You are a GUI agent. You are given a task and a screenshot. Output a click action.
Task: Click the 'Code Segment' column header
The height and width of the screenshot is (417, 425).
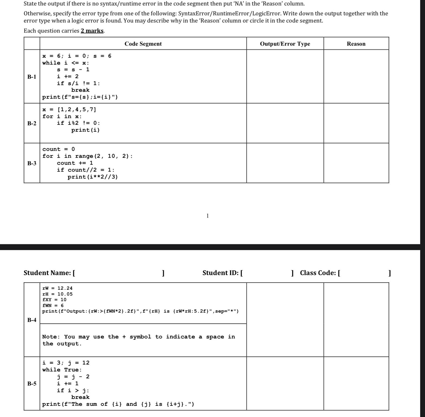click(x=143, y=44)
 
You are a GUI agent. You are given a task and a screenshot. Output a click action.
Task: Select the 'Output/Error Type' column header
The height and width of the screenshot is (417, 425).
click(x=285, y=44)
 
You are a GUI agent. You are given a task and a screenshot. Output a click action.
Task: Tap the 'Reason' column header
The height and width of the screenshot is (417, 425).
click(x=356, y=44)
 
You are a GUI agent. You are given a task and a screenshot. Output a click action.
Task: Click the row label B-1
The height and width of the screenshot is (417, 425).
click(x=32, y=77)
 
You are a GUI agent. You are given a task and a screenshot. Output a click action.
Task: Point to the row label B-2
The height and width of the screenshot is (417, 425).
click(x=32, y=123)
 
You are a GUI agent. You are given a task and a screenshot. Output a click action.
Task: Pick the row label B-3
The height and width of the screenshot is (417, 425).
click(x=32, y=163)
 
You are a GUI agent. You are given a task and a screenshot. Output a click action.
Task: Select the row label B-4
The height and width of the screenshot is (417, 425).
click(x=32, y=320)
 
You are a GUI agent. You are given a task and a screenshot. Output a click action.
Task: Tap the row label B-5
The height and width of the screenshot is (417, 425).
click(x=32, y=383)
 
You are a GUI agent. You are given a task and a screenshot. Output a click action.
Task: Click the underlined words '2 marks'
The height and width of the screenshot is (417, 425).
click(x=92, y=31)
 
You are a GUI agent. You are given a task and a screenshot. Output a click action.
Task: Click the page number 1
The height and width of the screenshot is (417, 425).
click(x=207, y=216)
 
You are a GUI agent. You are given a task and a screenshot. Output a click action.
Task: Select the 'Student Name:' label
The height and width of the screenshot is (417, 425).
click(x=47, y=273)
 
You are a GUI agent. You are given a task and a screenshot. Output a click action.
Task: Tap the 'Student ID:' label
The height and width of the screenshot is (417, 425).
click(x=220, y=273)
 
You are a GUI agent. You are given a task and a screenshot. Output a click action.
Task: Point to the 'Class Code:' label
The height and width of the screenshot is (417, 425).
click(x=318, y=273)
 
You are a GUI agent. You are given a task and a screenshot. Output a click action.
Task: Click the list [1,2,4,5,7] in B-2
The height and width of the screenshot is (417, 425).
click(x=77, y=109)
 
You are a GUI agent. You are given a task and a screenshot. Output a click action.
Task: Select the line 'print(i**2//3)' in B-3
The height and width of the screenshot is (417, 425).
click(x=93, y=177)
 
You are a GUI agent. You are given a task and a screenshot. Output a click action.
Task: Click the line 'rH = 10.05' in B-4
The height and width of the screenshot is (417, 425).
click(x=57, y=294)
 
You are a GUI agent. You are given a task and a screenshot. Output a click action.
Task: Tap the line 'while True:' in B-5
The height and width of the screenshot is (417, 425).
click(x=62, y=370)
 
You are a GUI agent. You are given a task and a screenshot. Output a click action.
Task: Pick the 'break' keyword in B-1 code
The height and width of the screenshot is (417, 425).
click(x=80, y=90)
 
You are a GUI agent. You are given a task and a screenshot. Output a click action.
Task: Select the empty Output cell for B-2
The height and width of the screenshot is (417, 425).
click(x=285, y=123)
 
